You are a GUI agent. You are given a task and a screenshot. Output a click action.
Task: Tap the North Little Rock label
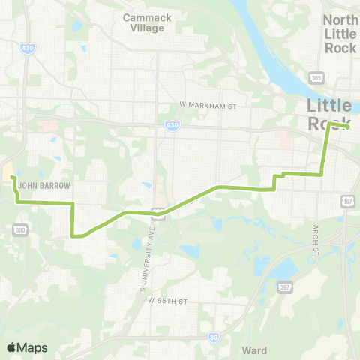coord(340,34)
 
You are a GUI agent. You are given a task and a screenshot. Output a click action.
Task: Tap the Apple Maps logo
coord(27,347)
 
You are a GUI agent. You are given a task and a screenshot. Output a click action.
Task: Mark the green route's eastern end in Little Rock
coord(349,128)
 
